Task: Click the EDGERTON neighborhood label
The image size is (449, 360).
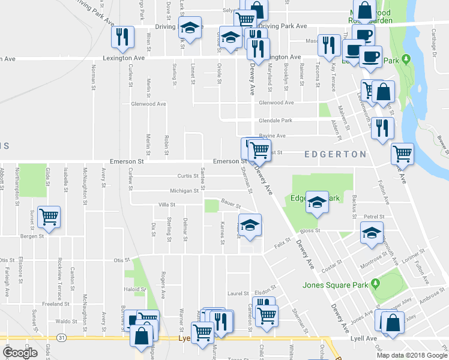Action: [x=335, y=154]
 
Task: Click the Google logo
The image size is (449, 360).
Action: [x=20, y=352]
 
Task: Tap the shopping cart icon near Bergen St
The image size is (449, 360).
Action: [x=49, y=217]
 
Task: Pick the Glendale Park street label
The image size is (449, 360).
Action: [x=274, y=120]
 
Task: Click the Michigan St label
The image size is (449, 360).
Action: [x=184, y=191]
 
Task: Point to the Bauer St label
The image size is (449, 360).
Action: [x=231, y=203]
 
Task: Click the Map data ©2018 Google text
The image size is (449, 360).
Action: [x=412, y=355]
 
